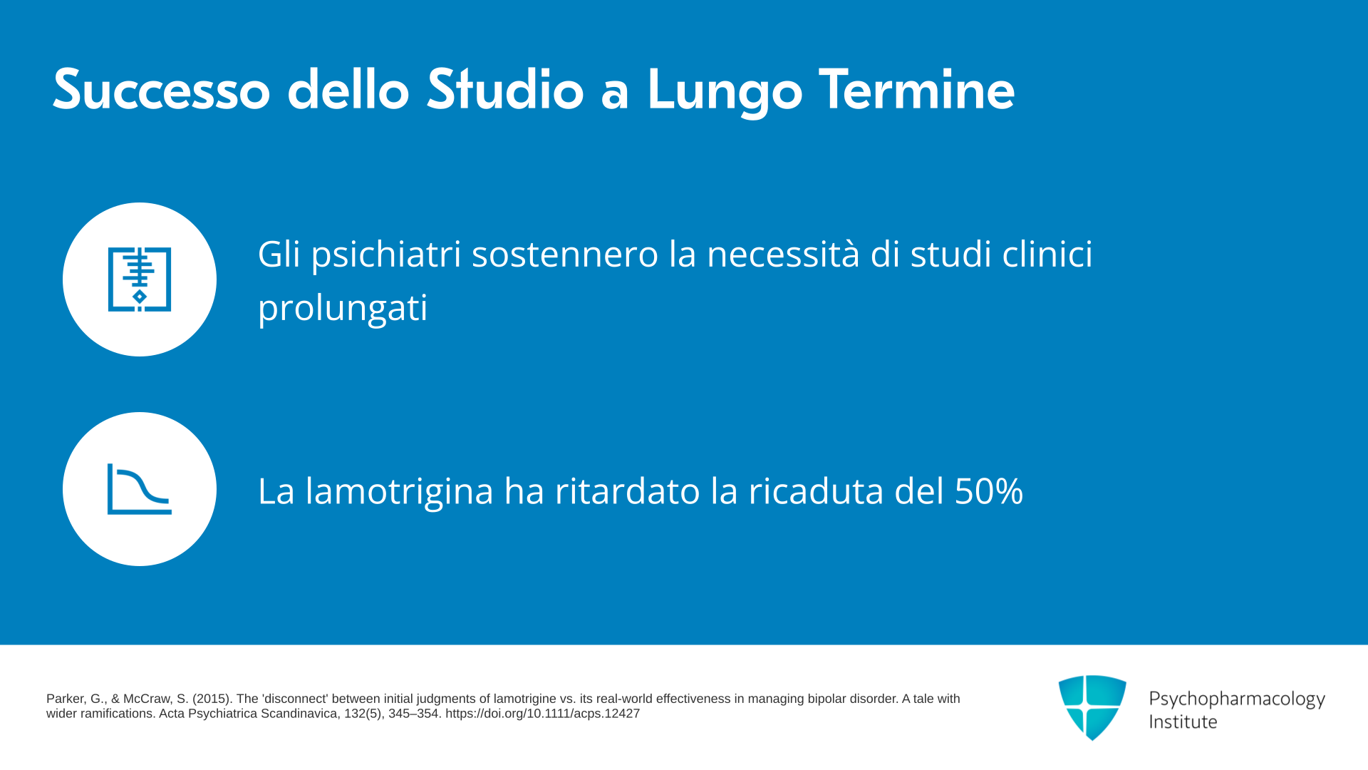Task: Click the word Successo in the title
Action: coord(162,90)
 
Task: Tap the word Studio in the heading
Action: coord(505,90)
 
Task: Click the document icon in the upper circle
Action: coord(140,279)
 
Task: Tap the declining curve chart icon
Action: coord(140,489)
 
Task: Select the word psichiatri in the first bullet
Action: coord(386,255)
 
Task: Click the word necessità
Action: coord(783,254)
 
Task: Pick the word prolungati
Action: coord(343,308)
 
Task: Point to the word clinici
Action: coord(1047,254)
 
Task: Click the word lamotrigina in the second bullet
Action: coord(399,491)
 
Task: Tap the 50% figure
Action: coord(989,491)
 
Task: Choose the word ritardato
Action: coord(627,491)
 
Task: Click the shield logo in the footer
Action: coord(1092,707)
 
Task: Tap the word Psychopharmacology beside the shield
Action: coord(1237,699)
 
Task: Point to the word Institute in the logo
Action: coord(1183,722)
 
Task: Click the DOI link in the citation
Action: coord(542,714)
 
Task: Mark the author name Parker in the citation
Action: coord(65,699)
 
